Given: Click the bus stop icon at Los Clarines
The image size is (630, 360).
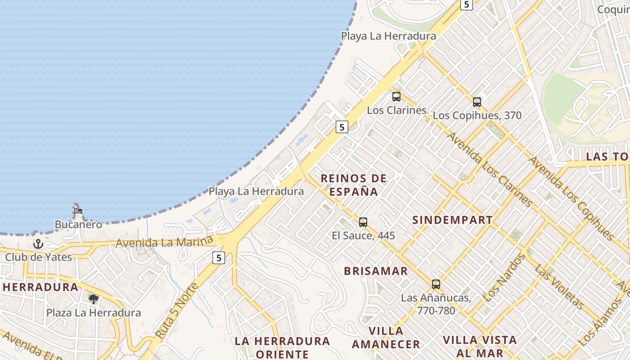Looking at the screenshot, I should tap(396, 96).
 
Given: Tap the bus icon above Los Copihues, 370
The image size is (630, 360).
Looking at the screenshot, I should tap(477, 102).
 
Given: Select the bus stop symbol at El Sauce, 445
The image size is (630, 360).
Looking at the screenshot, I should tap(363, 222).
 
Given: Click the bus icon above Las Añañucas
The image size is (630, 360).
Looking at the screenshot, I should tap(436, 284).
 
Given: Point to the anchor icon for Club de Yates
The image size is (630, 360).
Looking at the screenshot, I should tap(38, 244).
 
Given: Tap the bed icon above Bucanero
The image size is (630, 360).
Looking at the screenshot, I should tap(78, 210).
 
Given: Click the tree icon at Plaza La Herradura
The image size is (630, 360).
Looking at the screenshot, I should tap(94, 299).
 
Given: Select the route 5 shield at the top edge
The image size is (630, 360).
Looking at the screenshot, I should tap(466, 4).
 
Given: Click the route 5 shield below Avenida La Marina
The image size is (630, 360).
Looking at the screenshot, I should tap(218, 258).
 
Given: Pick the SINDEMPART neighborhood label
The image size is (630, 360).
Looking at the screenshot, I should tap(452, 220).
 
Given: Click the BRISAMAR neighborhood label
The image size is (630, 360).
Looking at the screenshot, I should tap(376, 271).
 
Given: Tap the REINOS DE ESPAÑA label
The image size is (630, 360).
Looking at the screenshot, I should tap(353, 185).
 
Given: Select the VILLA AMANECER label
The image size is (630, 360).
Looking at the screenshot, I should tap(386, 337).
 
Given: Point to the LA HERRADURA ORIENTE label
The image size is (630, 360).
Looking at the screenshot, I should tap(282, 347).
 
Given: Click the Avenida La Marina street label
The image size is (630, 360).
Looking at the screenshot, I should tap(164, 242).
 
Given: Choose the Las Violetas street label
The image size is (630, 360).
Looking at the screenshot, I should tap(559, 287).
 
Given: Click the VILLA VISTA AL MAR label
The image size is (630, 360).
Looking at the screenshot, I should tap(479, 346).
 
